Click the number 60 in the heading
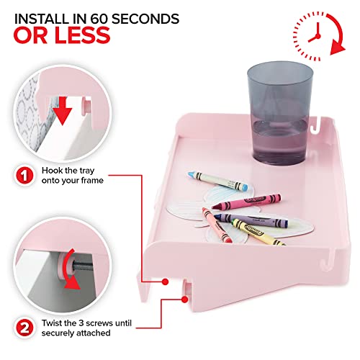(99, 19)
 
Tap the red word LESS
(82, 35)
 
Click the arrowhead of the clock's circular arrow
(337, 49)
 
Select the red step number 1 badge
(25, 176)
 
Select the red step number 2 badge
(25, 328)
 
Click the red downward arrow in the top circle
(63, 110)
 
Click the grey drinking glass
(280, 113)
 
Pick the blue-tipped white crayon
(217, 181)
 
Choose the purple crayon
(251, 220)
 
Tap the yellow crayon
(258, 233)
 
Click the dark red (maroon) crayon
(246, 202)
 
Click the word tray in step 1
(86, 171)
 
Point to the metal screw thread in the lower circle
(82, 266)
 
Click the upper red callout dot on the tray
(165, 282)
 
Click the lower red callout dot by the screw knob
(184, 300)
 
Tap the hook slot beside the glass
(316, 126)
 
